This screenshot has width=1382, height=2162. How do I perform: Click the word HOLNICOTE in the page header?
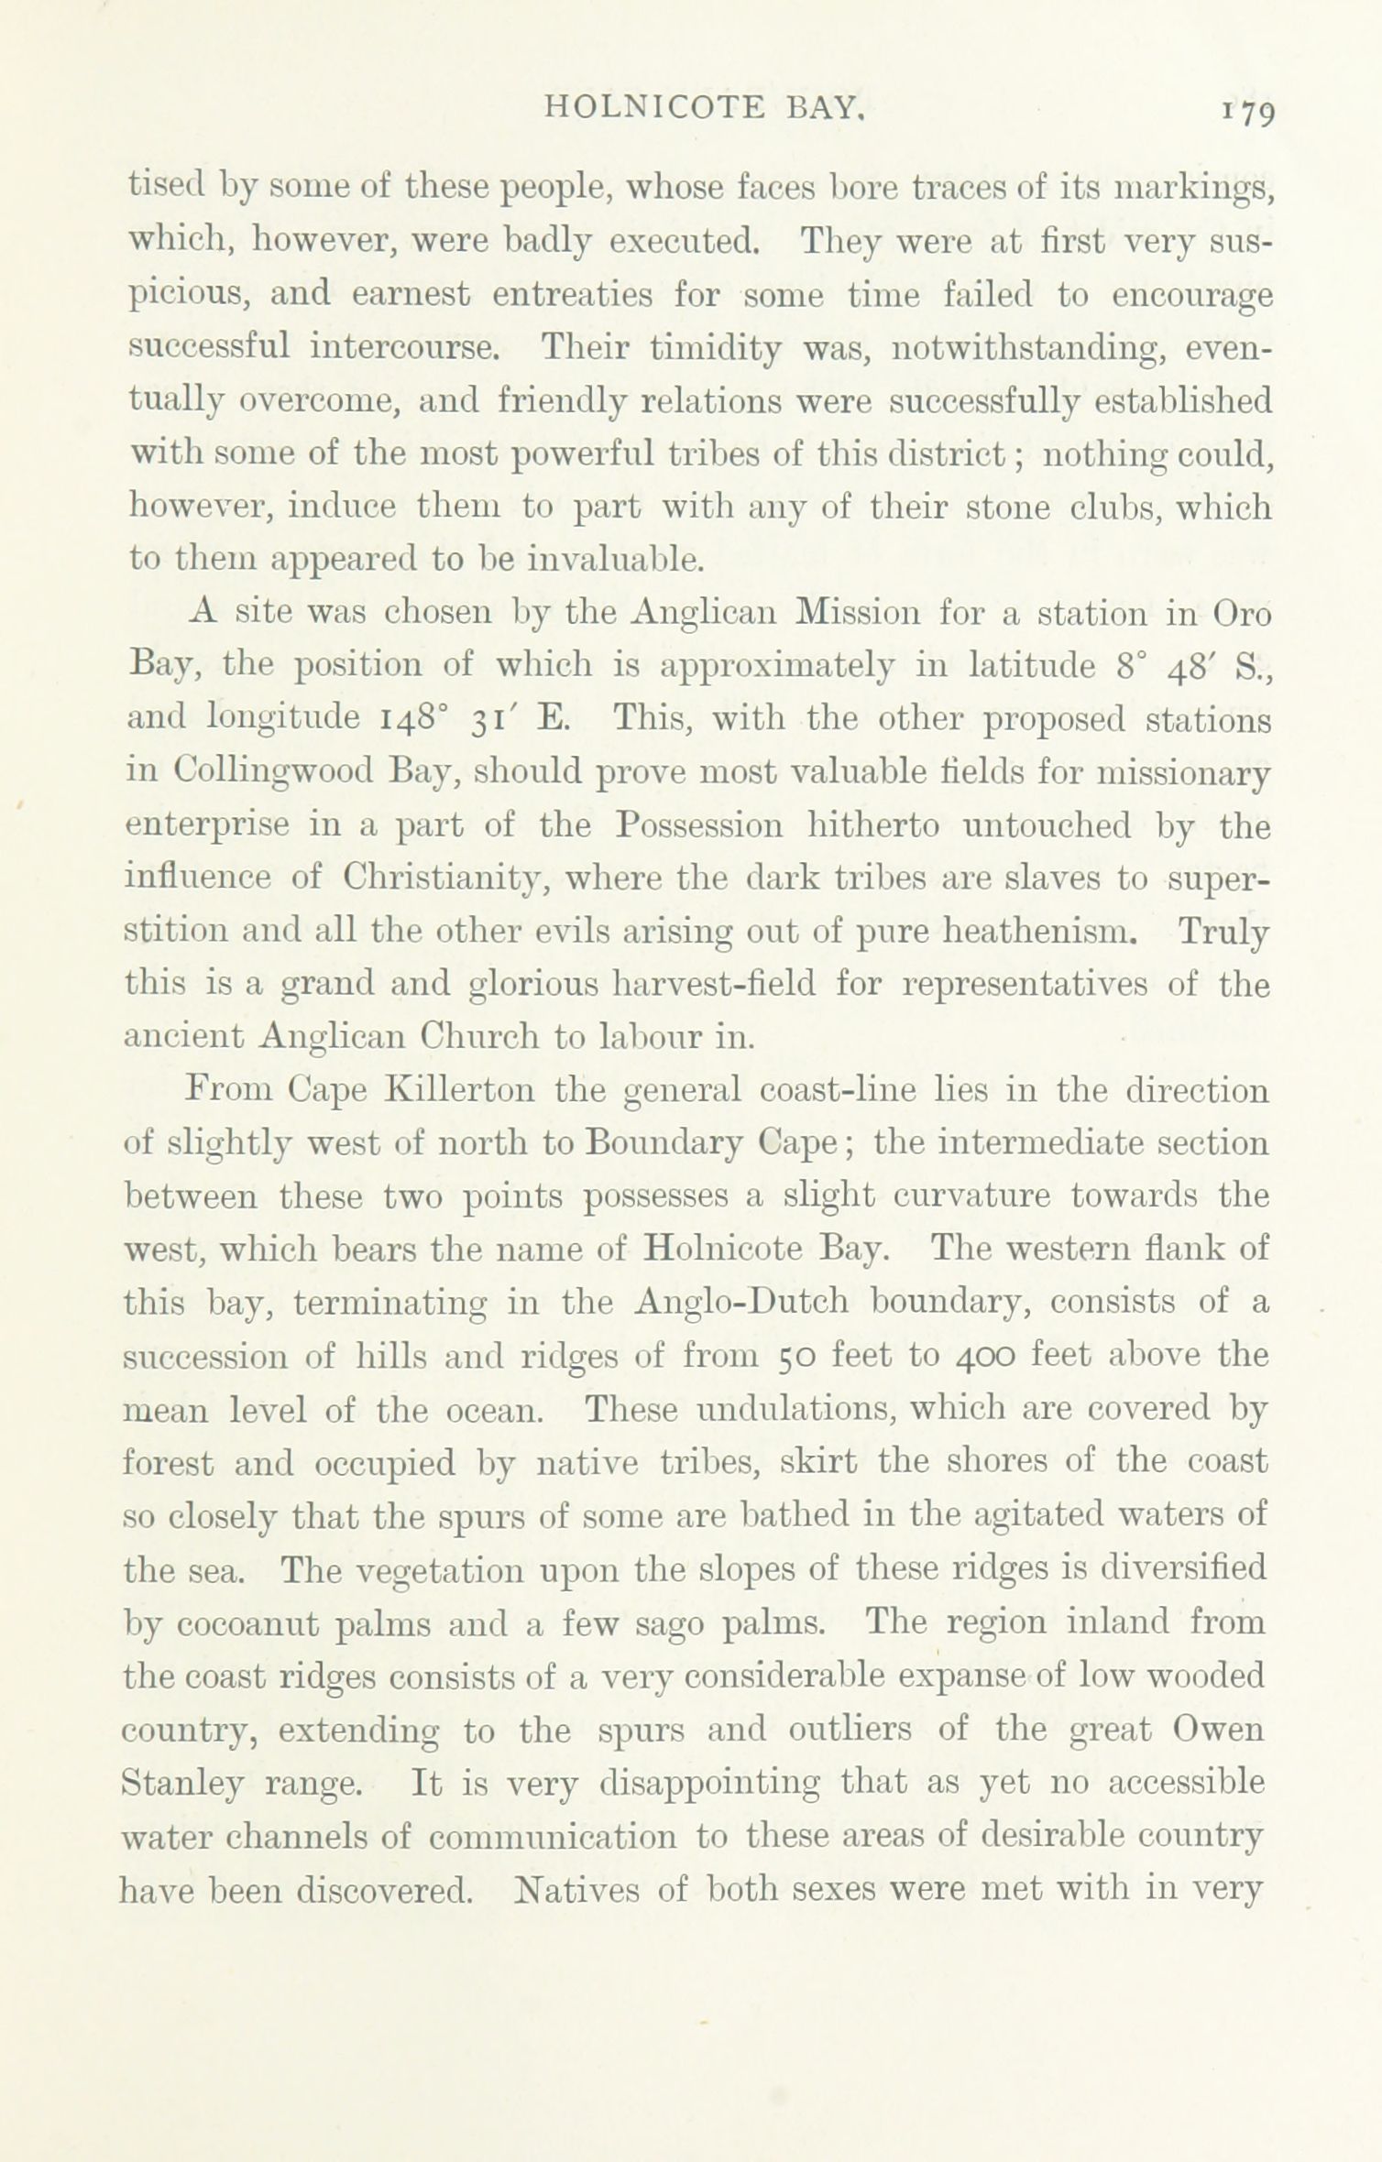coord(654,108)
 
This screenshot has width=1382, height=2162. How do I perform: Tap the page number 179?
coord(1247,113)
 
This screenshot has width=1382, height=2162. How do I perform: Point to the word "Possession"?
coord(698,824)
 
